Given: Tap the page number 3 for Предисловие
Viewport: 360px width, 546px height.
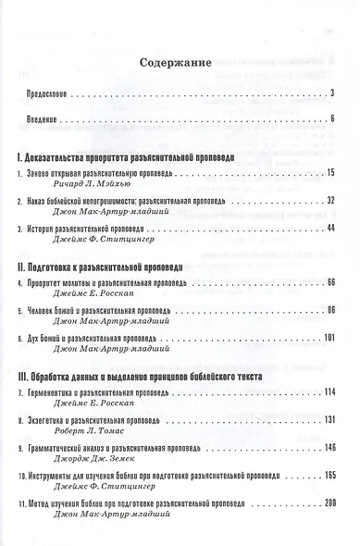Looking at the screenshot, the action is click(331, 94).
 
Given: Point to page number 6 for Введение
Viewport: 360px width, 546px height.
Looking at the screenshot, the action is click(331, 118).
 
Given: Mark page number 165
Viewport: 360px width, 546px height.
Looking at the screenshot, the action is click(328, 472).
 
